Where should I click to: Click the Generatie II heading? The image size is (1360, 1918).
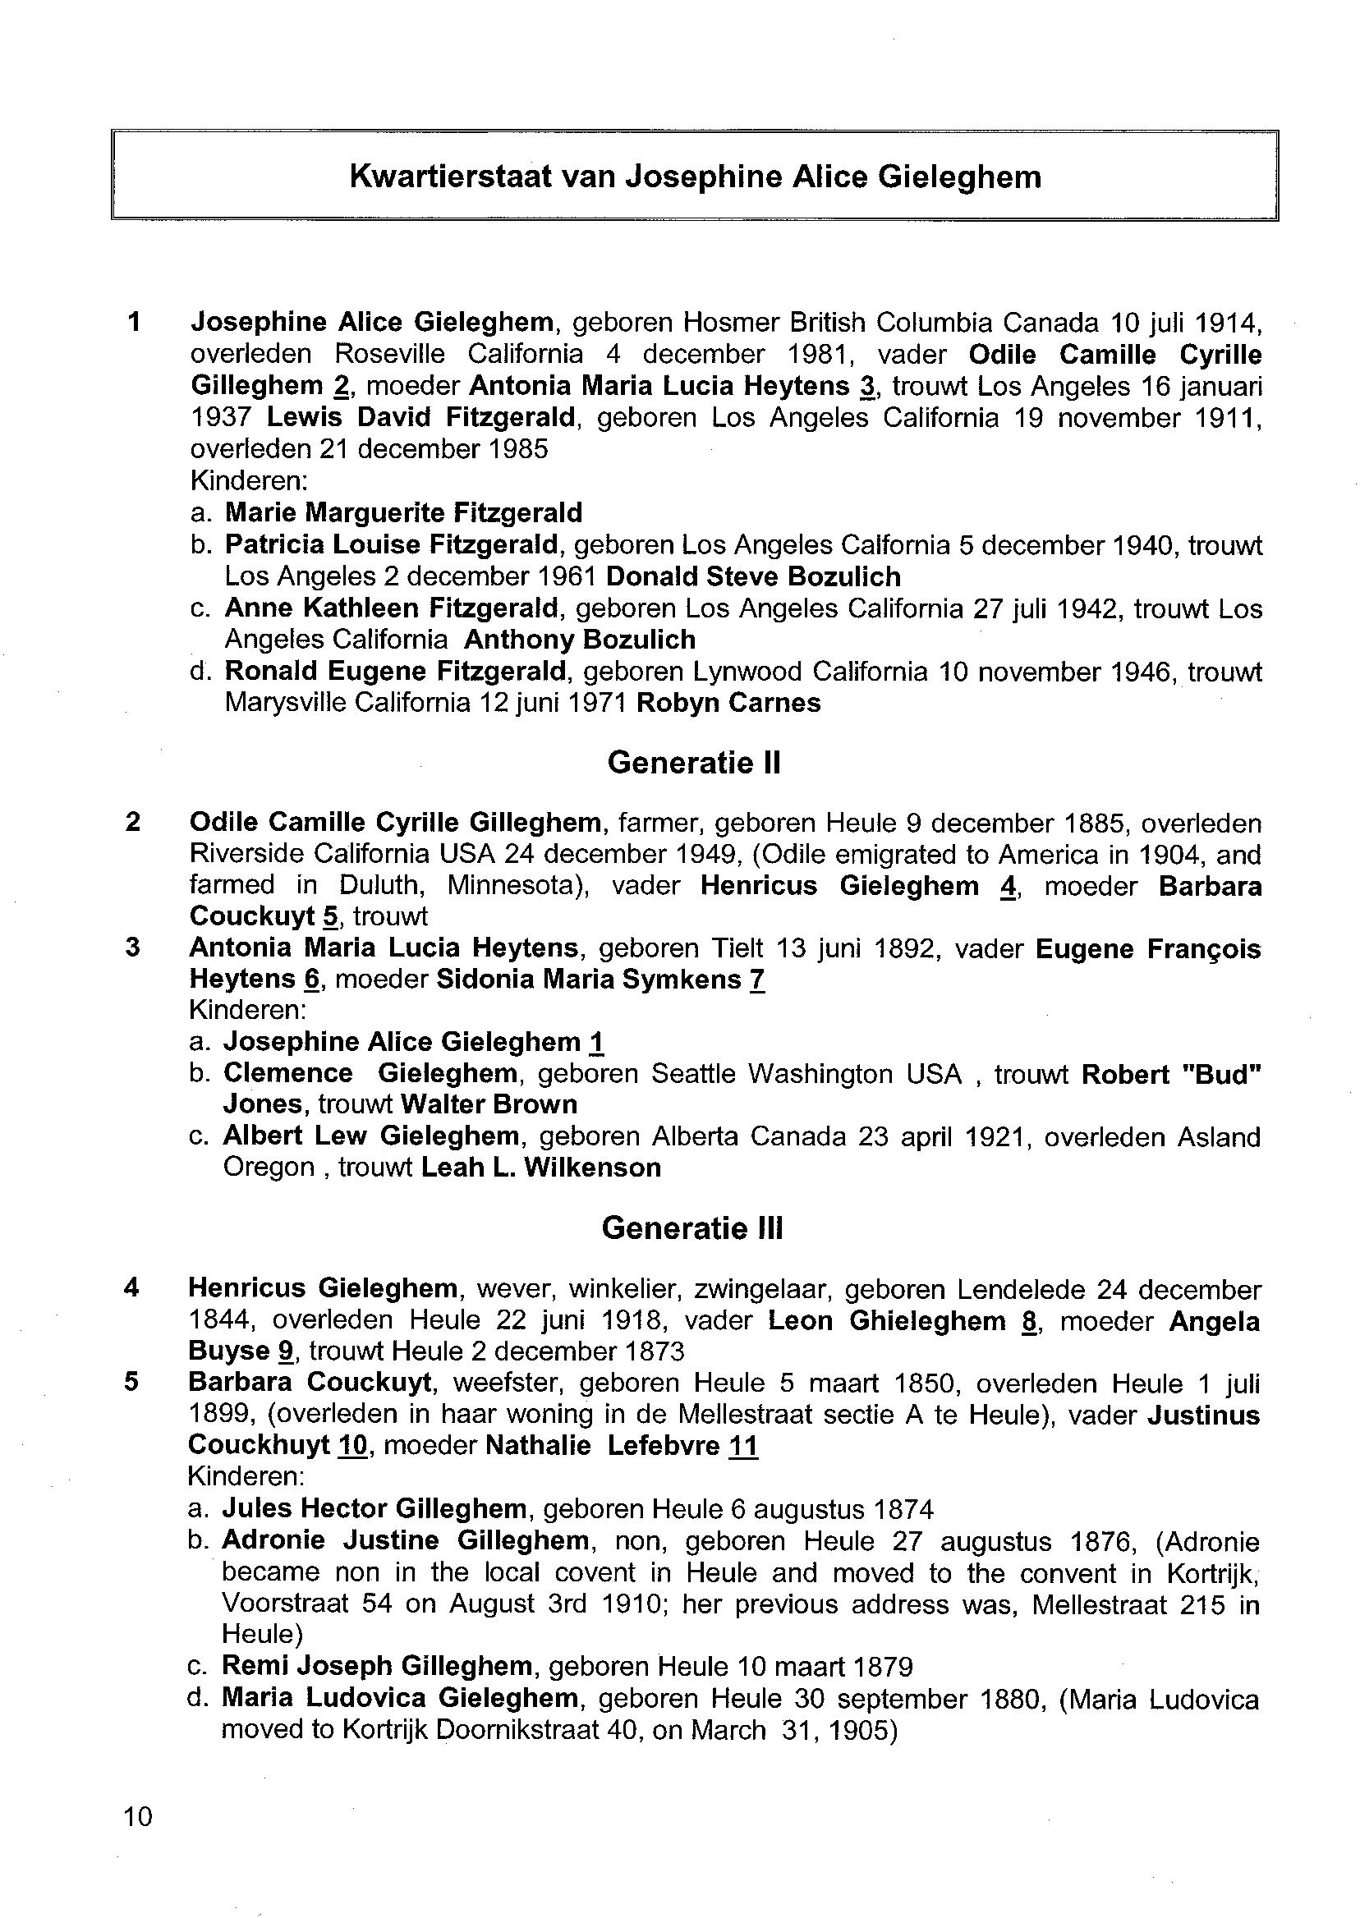click(693, 763)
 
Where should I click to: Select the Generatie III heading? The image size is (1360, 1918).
click(692, 1228)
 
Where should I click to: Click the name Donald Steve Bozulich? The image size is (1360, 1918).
click(753, 577)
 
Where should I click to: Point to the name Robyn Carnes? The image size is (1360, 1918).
click(728, 702)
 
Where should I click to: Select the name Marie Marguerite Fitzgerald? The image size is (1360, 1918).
click(403, 512)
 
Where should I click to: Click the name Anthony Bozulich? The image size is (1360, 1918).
click(580, 640)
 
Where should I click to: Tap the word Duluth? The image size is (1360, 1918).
click(379, 885)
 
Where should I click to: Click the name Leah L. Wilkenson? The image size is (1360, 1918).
click(540, 1167)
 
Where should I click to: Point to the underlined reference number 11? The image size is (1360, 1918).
click(743, 1446)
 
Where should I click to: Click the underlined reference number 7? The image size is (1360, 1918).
click(757, 979)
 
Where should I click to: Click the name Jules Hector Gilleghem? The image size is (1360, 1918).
click(374, 1508)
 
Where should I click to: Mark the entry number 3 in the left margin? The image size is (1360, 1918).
click(132, 948)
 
